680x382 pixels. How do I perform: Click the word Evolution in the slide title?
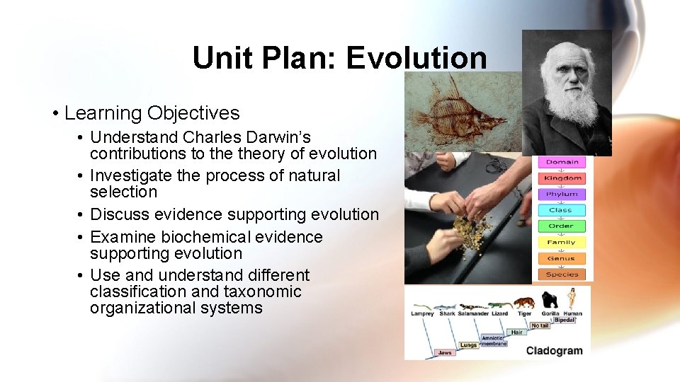pyautogui.click(x=416, y=58)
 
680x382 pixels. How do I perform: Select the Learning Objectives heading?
pyautogui.click(x=152, y=113)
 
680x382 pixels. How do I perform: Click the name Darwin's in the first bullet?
pyautogui.click(x=274, y=137)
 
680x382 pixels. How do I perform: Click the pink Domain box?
pyautogui.click(x=562, y=162)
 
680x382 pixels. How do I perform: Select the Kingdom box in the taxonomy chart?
pyautogui.click(x=562, y=178)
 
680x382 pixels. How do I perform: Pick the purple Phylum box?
pyautogui.click(x=562, y=194)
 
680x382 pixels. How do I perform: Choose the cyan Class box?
pyautogui.click(x=561, y=210)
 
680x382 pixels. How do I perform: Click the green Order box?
pyautogui.click(x=561, y=226)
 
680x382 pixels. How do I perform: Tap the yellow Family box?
pyautogui.click(x=561, y=242)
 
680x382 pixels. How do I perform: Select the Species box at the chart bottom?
pyautogui.click(x=562, y=274)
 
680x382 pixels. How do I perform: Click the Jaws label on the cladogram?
pyautogui.click(x=445, y=352)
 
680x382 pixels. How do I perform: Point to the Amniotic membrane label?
pyautogui.click(x=493, y=340)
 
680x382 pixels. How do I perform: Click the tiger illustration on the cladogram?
pyautogui.click(x=523, y=303)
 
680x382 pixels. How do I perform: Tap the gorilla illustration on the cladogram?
pyautogui.click(x=550, y=300)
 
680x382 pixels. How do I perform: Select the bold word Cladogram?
pyautogui.click(x=554, y=350)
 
